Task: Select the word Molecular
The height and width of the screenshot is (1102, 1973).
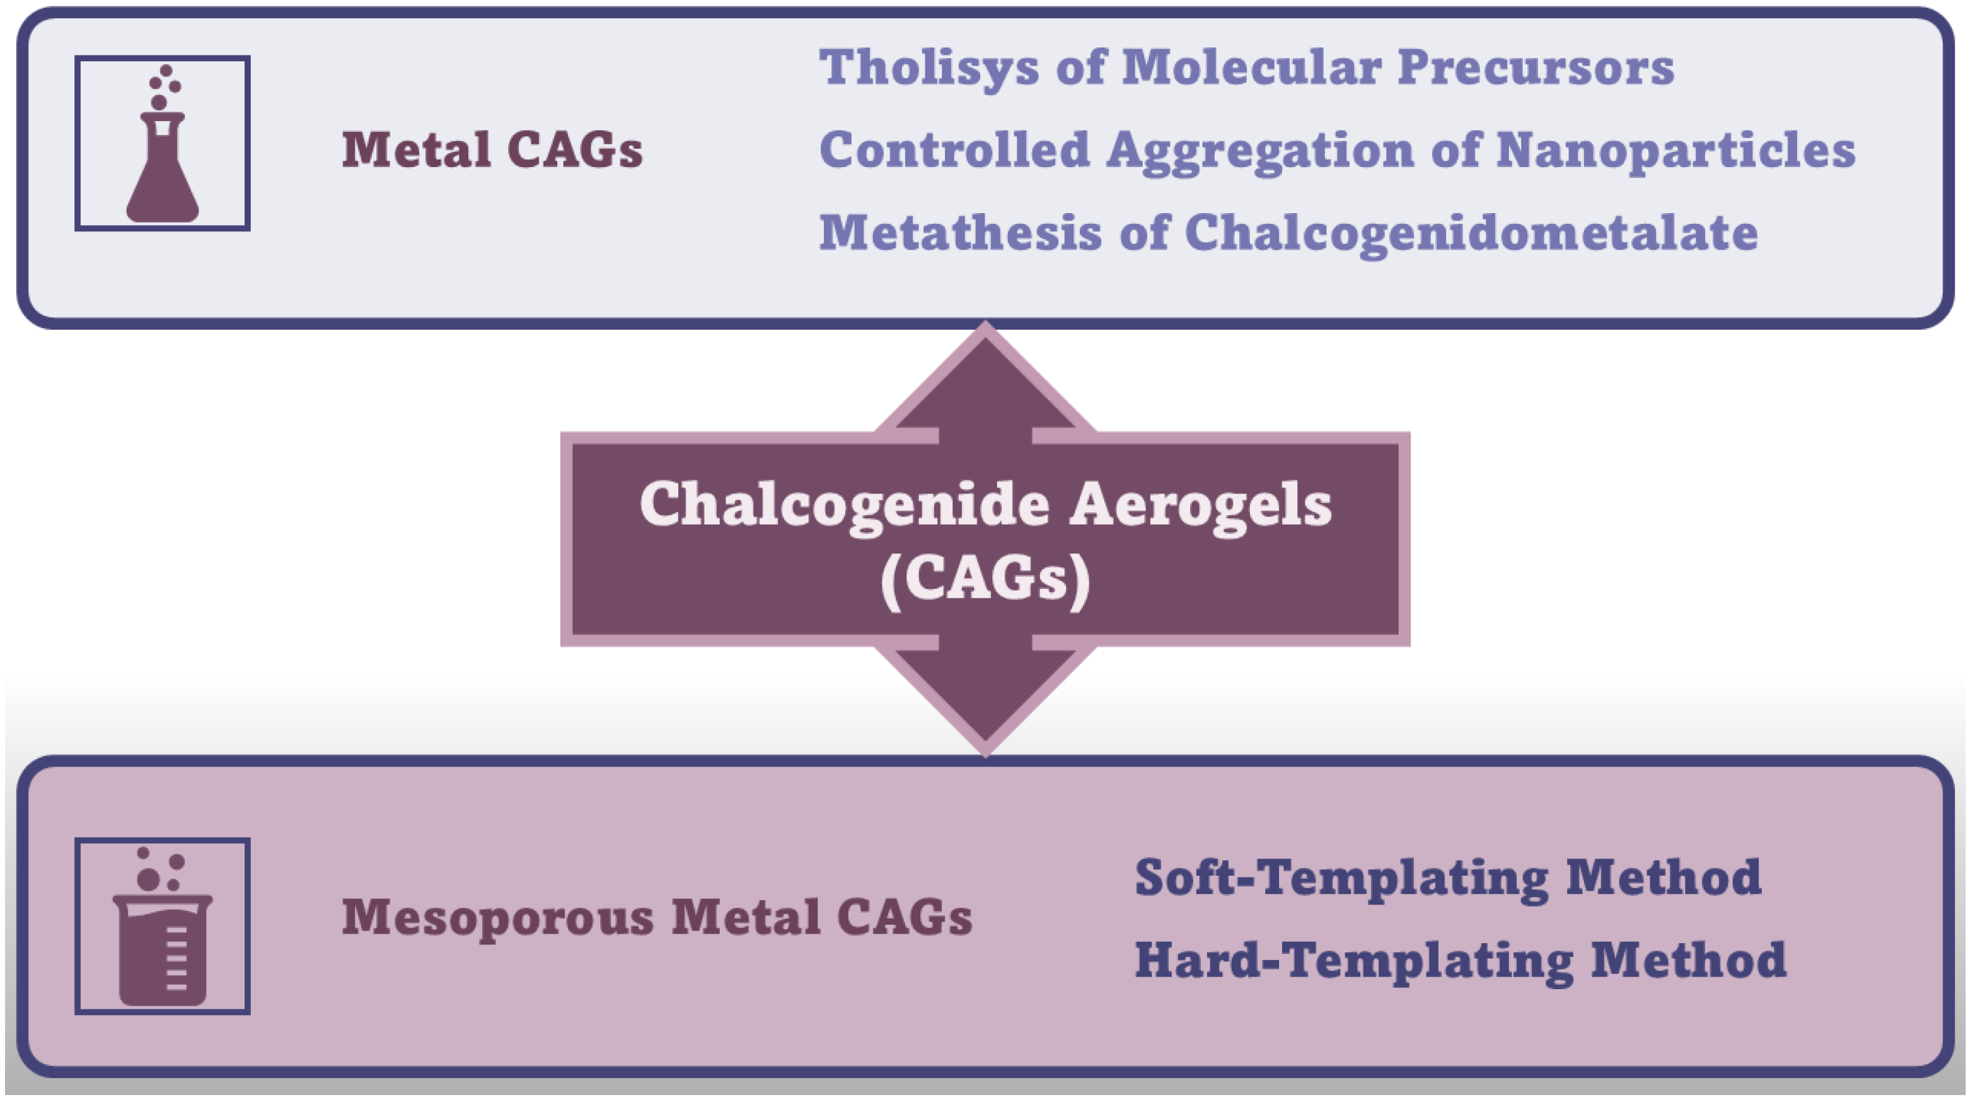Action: pos(1251,67)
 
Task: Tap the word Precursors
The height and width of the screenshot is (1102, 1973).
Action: pos(1536,67)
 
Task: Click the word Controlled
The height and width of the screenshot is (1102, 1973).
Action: pos(954,149)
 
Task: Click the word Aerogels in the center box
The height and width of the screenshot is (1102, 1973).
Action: pos(1200,506)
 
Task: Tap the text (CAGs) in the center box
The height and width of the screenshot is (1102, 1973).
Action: pos(986,581)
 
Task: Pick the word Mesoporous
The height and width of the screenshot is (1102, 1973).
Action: pos(498,918)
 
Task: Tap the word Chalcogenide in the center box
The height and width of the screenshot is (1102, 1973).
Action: pos(845,506)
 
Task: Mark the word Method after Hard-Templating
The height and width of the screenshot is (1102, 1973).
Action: pos(1689,960)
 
